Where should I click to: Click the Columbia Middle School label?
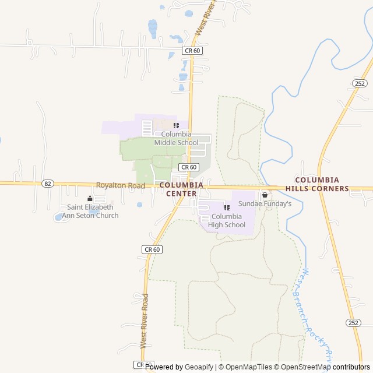point(176,138)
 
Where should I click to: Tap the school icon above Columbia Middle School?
point(176,125)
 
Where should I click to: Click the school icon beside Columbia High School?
point(227,207)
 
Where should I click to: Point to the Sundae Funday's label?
point(265,204)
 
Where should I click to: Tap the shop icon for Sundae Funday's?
point(265,195)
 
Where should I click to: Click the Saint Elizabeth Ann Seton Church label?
point(93,211)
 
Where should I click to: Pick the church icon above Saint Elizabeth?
point(90,199)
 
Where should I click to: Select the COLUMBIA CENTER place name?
point(181,189)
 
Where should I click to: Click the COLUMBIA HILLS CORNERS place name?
point(322,184)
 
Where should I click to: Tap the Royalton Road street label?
point(121,185)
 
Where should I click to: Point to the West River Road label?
point(145,321)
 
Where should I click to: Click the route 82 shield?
point(48,183)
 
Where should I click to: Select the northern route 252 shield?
point(360,83)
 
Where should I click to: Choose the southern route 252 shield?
point(353,323)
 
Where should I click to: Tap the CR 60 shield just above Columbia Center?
point(189,167)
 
